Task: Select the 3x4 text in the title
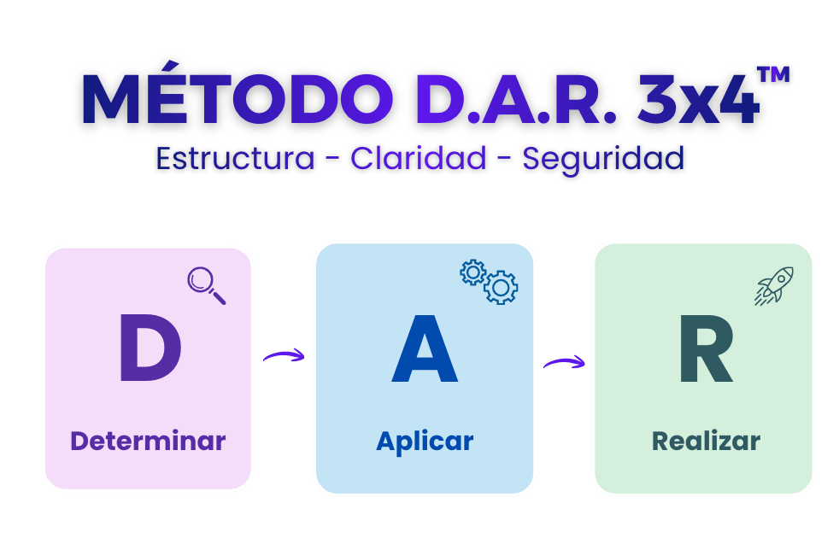(x=698, y=99)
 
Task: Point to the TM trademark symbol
(x=774, y=74)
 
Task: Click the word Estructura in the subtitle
(x=235, y=158)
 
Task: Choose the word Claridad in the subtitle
(x=419, y=158)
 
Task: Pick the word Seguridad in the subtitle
(x=603, y=160)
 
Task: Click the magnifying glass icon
(x=206, y=285)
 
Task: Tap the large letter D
(x=150, y=348)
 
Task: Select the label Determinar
(x=148, y=441)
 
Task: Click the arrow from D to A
(x=284, y=355)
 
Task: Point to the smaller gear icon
(x=473, y=272)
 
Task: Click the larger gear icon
(x=501, y=288)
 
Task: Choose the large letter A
(x=425, y=348)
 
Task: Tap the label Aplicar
(x=425, y=442)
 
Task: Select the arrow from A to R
(x=564, y=362)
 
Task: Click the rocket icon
(x=774, y=286)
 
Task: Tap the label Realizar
(x=707, y=441)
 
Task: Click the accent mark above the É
(x=170, y=65)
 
